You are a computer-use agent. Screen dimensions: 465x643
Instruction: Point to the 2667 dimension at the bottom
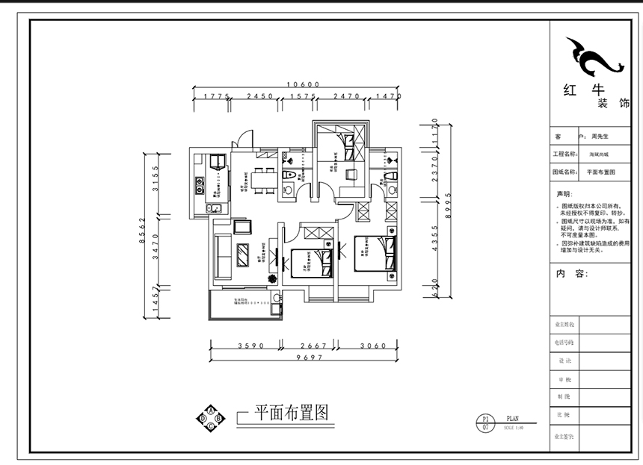click(x=309, y=346)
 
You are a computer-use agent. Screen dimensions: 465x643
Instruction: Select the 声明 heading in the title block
click(x=563, y=194)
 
